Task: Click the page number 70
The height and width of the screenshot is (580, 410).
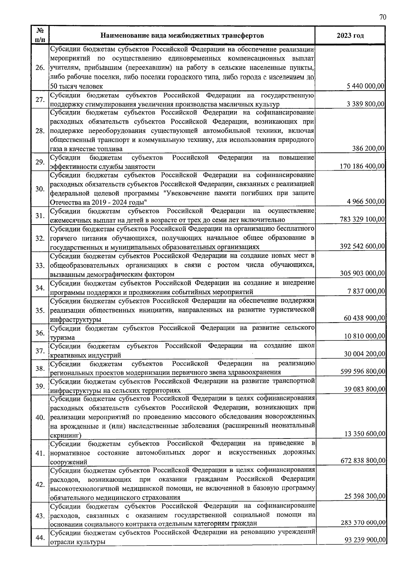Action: coord(382,18)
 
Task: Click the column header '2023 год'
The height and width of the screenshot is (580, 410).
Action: coord(350,36)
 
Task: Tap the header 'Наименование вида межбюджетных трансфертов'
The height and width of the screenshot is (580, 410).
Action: coord(182,36)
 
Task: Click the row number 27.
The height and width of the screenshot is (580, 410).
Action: coord(40,99)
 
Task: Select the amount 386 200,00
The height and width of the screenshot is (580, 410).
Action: coord(368,149)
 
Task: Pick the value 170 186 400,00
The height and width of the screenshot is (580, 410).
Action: coord(363,166)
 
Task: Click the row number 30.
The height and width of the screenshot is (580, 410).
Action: coord(40,189)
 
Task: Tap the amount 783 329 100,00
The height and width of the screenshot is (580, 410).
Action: coord(363,219)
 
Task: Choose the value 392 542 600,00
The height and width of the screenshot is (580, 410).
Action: coord(363,246)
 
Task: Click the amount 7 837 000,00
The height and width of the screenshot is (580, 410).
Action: coord(366,292)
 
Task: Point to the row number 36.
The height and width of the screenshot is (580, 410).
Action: coord(40,333)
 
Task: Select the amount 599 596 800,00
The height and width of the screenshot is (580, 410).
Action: coord(363,372)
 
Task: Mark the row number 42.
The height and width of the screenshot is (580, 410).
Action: coord(40,485)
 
